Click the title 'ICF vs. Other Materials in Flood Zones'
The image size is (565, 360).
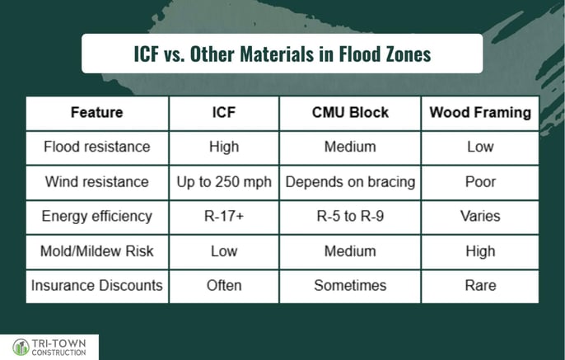pyautogui.click(x=282, y=54)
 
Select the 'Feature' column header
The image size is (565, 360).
pyautogui.click(x=97, y=112)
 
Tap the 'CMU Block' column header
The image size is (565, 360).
pyautogui.click(x=350, y=112)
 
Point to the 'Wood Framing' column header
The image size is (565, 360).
pyautogui.click(x=480, y=112)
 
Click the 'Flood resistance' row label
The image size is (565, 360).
pyautogui.click(x=97, y=147)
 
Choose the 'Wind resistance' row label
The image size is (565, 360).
pyautogui.click(x=97, y=181)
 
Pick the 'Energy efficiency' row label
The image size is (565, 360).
pyautogui.click(x=97, y=216)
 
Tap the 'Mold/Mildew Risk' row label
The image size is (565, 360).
pyautogui.click(x=97, y=251)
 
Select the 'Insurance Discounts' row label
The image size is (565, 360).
pyautogui.click(x=97, y=285)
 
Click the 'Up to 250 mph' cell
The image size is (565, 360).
pyautogui.click(x=224, y=182)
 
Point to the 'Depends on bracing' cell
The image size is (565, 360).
pyautogui.click(x=350, y=182)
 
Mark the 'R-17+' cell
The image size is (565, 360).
pyautogui.click(x=224, y=216)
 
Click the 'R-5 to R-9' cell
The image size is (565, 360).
pyautogui.click(x=350, y=216)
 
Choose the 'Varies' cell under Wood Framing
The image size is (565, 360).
pyautogui.click(x=480, y=216)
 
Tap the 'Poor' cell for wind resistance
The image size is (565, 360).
pyautogui.click(x=480, y=181)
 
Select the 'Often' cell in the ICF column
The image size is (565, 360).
pyautogui.click(x=224, y=285)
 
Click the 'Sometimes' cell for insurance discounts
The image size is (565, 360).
pyautogui.click(x=350, y=285)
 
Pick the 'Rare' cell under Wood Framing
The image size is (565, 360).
pyautogui.click(x=480, y=285)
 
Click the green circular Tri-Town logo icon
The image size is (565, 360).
pyautogui.click(x=21, y=348)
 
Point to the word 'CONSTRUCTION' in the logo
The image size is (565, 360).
pyautogui.click(x=58, y=353)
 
